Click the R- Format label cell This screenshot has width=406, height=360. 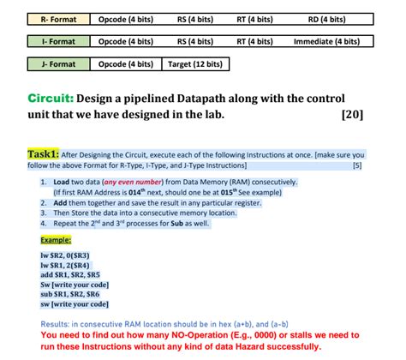pos(47,18)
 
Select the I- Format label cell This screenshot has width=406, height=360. pos(47,40)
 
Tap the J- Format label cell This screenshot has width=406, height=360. pos(47,63)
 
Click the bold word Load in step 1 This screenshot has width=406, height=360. pos(63,183)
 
